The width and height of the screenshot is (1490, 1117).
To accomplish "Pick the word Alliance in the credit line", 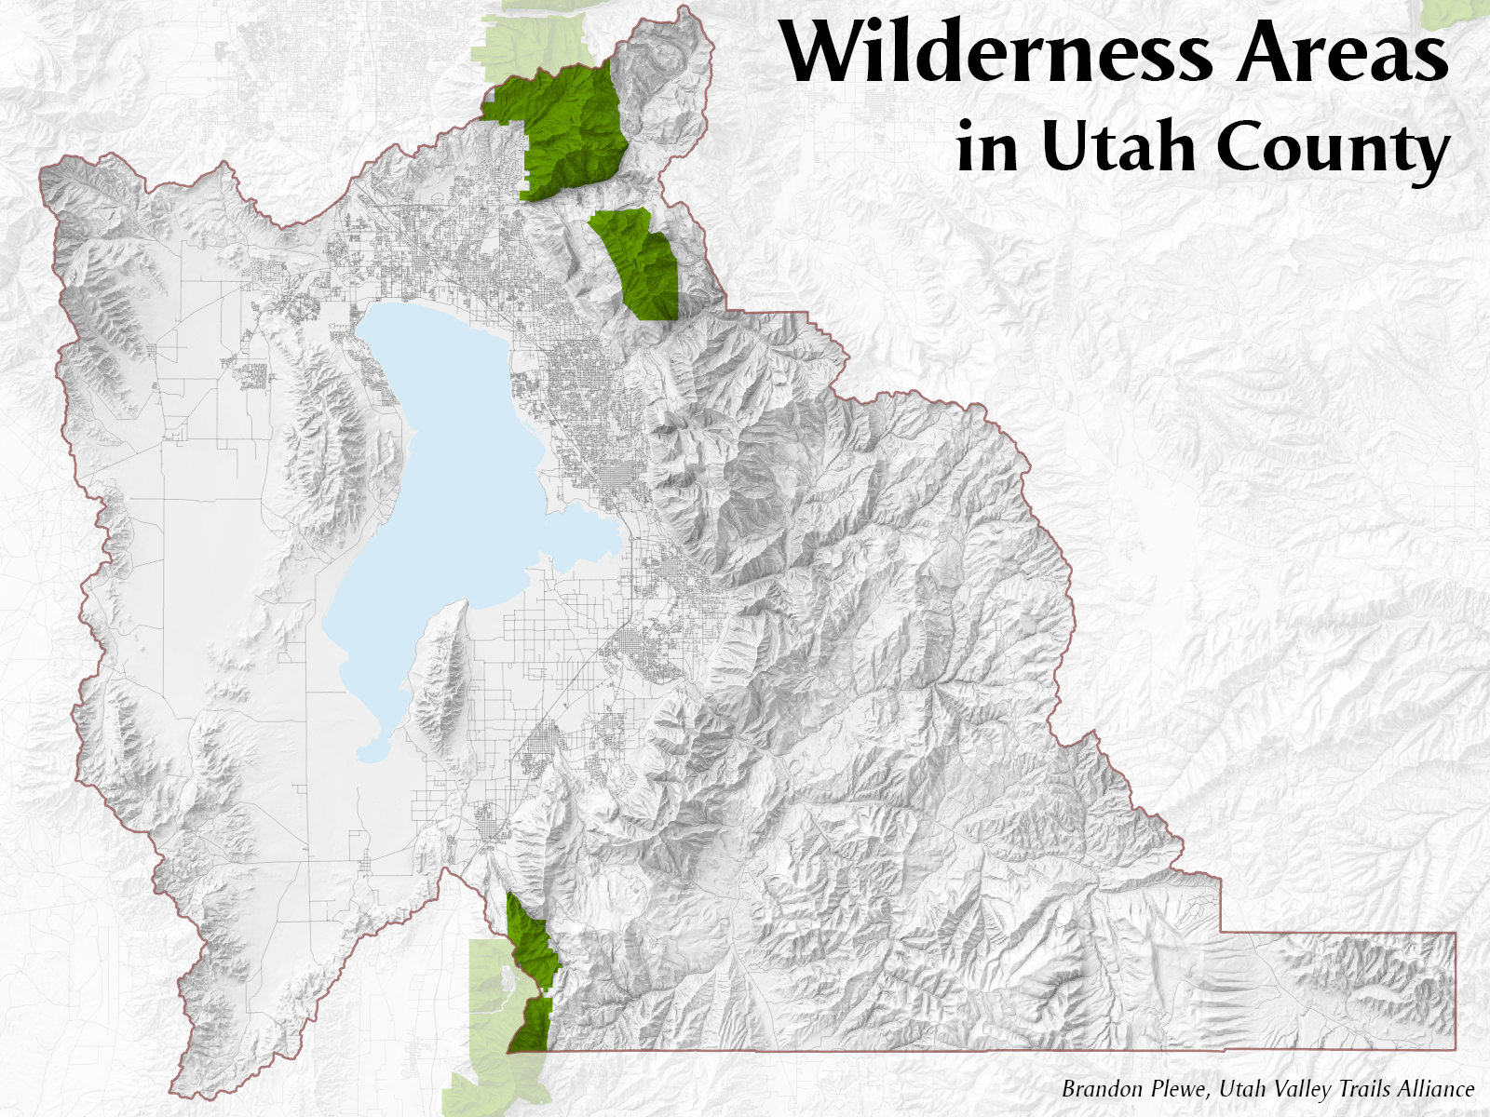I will coord(1435,1088).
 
